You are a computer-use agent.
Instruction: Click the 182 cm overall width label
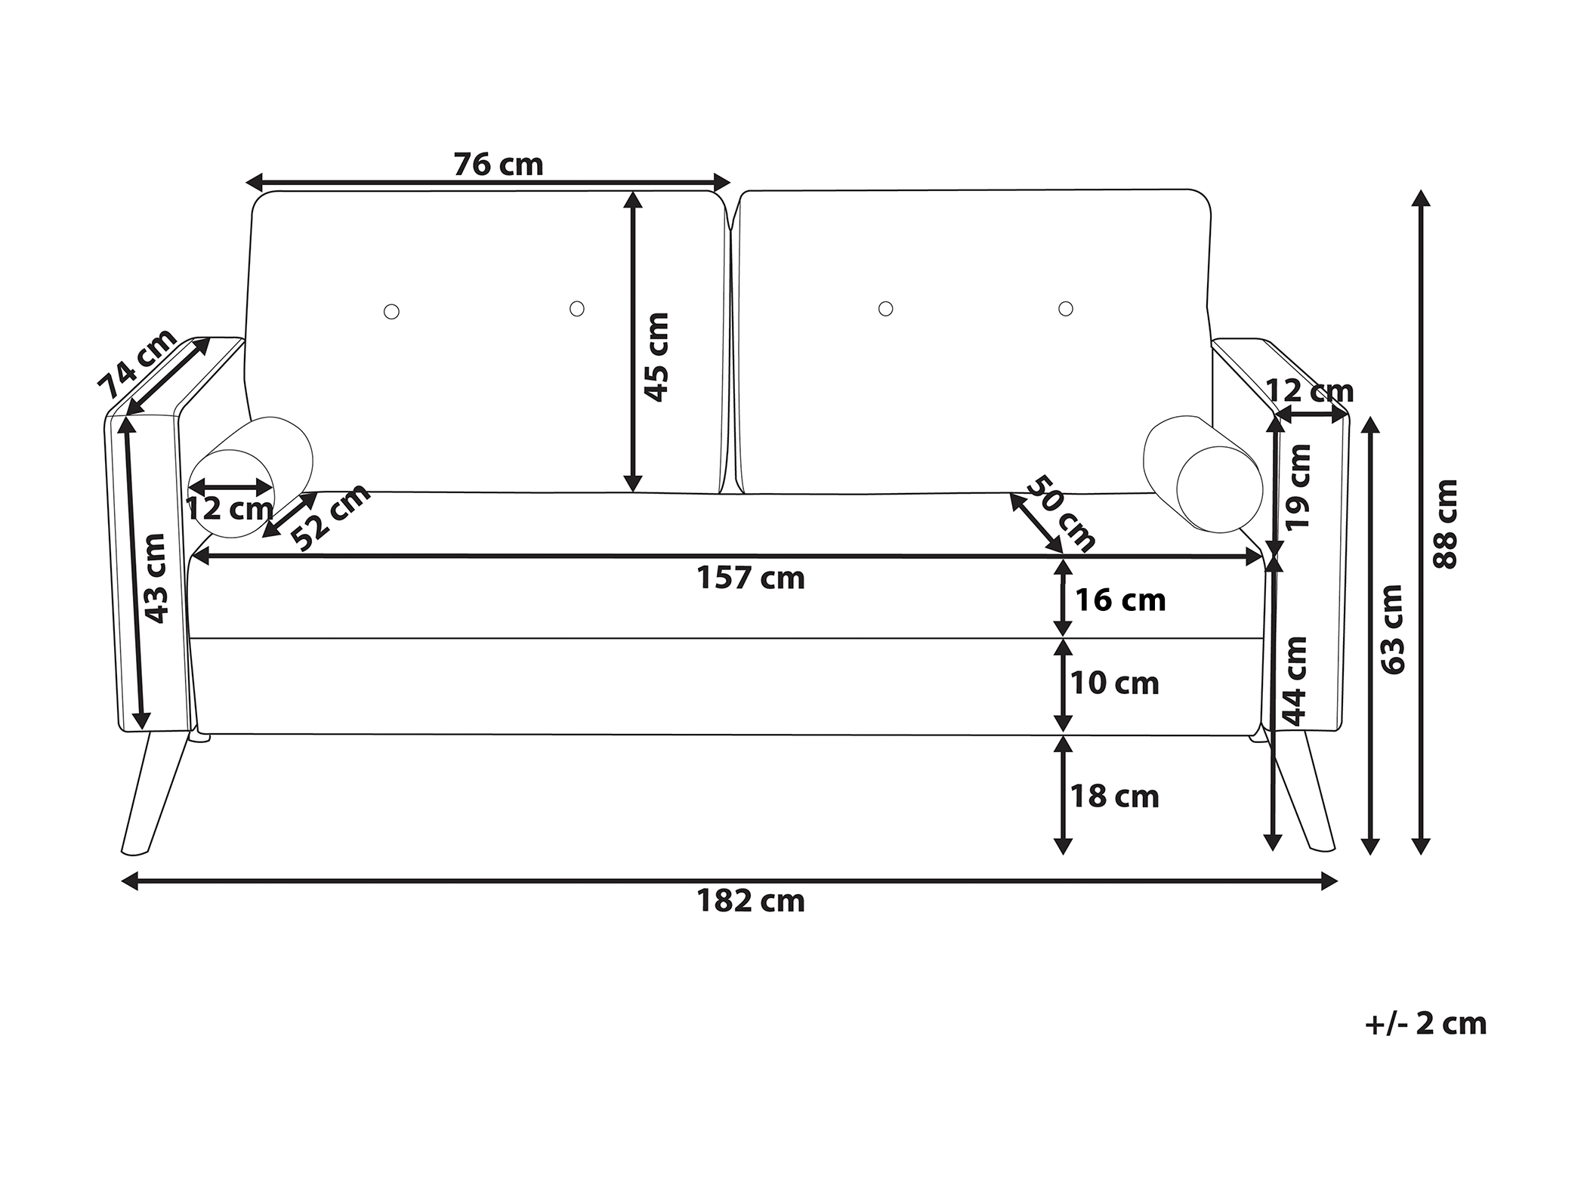pyautogui.click(x=751, y=902)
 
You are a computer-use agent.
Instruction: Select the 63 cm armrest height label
pyautogui.click(x=1392, y=629)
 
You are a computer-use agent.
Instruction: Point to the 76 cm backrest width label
pyautogui.click(x=499, y=165)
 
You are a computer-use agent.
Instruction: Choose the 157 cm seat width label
pyautogui.click(x=751, y=578)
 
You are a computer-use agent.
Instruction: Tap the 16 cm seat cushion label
pyautogui.click(x=1121, y=600)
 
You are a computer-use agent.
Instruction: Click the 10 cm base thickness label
pyautogui.click(x=1115, y=683)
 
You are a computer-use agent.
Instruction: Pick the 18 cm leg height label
pyautogui.click(x=1115, y=797)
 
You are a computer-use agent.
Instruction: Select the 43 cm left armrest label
pyautogui.click(x=155, y=578)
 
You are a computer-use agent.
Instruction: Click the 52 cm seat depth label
pyautogui.click(x=331, y=516)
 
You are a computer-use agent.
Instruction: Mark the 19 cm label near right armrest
pyautogui.click(x=1298, y=487)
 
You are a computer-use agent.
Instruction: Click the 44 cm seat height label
pyautogui.click(x=1295, y=681)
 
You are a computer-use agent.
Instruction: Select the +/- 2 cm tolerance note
pyautogui.click(x=1426, y=1025)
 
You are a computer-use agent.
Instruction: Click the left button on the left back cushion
pyautogui.click(x=391, y=311)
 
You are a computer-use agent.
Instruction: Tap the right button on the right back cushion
pyautogui.click(x=1066, y=308)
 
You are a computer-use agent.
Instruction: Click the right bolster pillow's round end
pyautogui.click(x=1220, y=489)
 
